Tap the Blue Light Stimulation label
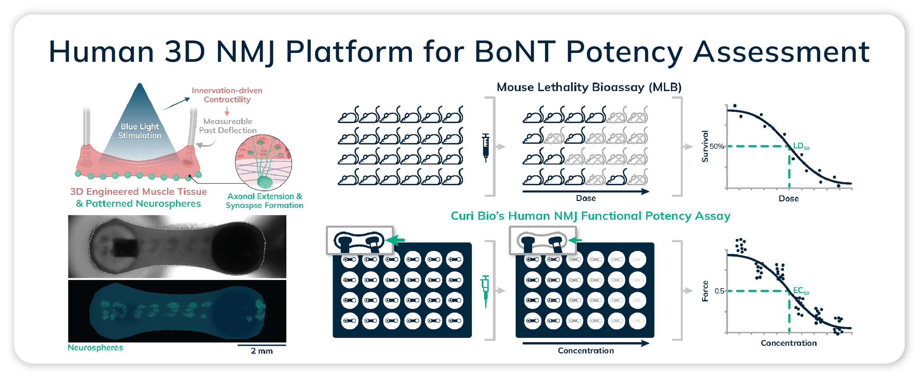(139, 131)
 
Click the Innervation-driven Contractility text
(227, 95)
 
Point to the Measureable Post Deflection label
(228, 126)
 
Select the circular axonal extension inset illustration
(263, 162)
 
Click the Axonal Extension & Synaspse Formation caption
(265, 201)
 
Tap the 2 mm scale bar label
(262, 351)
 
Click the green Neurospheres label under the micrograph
(95, 348)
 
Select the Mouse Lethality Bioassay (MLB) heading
(589, 87)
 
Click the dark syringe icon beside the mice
(486, 147)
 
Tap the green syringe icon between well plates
(485, 290)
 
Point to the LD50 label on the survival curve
(801, 146)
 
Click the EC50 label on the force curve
(801, 291)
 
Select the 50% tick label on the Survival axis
(716, 146)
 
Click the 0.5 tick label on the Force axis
(719, 291)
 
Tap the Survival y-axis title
(705, 146)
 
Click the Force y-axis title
(705, 291)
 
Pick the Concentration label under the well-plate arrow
(586, 351)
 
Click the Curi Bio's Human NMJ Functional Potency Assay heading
(591, 216)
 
